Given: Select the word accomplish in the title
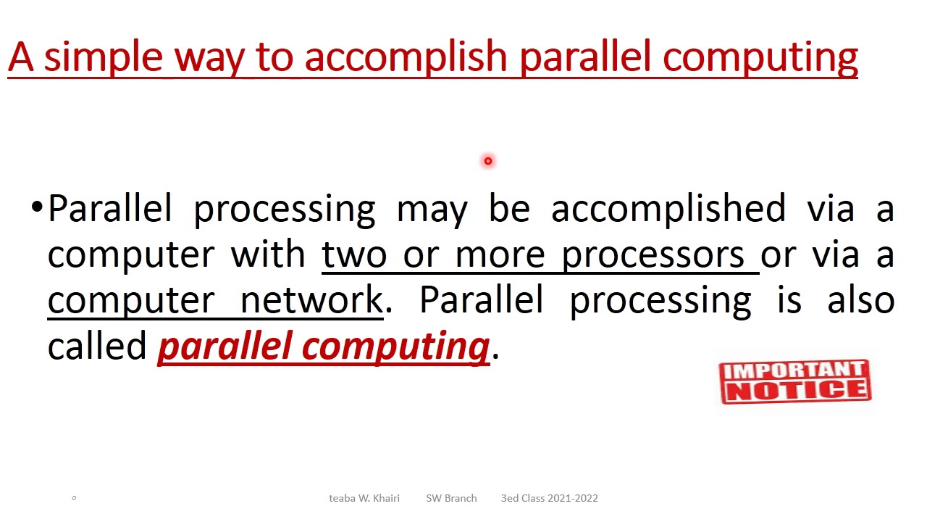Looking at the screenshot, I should [406, 57].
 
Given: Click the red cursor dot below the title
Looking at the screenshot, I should [488, 161].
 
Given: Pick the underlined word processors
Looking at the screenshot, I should [653, 255].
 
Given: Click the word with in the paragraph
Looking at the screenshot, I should [268, 255].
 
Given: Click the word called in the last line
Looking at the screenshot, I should [96, 347].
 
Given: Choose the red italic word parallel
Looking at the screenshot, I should [225, 347].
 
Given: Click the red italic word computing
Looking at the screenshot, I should [396, 347].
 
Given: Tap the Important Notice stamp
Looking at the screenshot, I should [795, 381].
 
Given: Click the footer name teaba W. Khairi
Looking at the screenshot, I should [364, 498].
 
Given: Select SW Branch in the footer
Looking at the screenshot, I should [451, 498].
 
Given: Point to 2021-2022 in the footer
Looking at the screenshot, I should [573, 498].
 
